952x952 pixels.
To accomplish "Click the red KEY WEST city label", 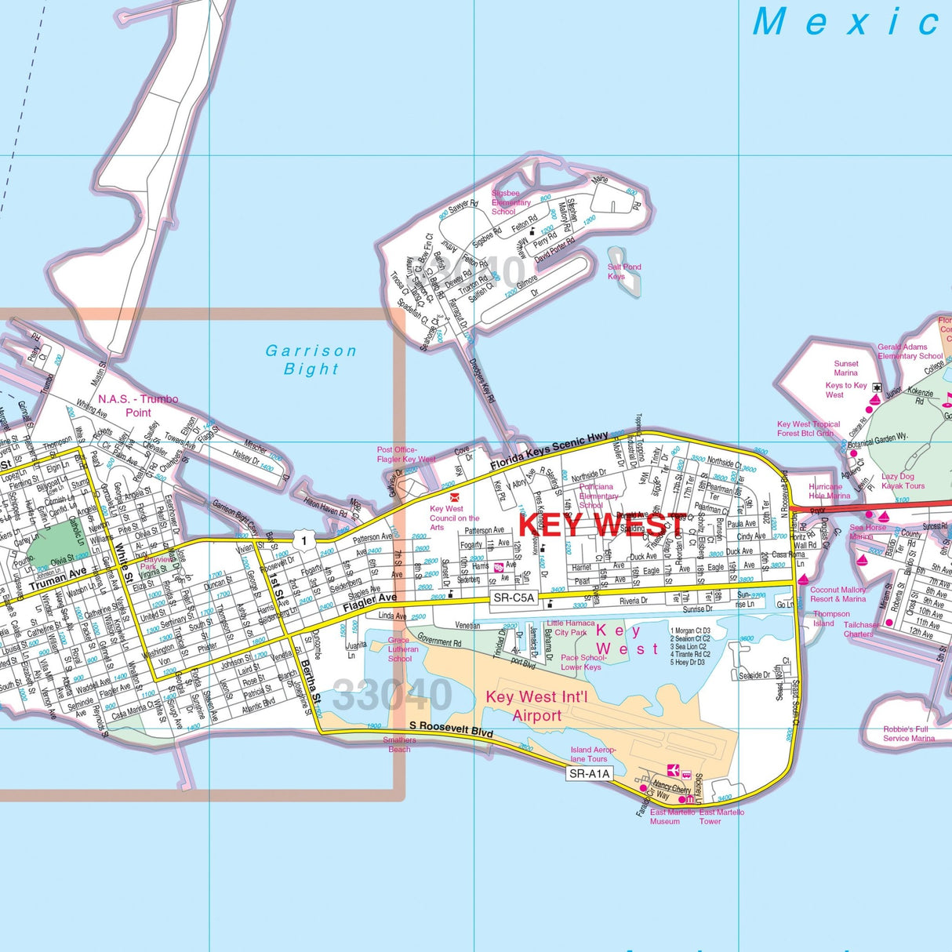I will (x=602, y=525).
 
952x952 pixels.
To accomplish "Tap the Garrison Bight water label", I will (x=311, y=360).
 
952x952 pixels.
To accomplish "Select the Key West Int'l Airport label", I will (x=536, y=706).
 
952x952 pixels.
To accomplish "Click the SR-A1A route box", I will (x=589, y=773).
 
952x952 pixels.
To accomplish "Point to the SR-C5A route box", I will (x=514, y=598).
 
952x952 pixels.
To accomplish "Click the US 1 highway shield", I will (x=303, y=540).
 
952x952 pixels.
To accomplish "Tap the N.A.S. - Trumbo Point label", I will (x=138, y=405).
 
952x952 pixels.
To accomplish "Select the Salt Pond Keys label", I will (x=624, y=271).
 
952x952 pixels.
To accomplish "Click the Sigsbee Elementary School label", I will (x=511, y=202).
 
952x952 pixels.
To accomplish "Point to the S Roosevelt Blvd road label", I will (x=451, y=729).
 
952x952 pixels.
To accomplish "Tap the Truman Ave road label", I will (x=59, y=580).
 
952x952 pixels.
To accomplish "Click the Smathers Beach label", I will (x=399, y=744).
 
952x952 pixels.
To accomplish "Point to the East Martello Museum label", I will (x=672, y=816).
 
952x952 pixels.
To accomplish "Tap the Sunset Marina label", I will (x=846, y=368).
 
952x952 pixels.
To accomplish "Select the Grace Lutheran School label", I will (x=403, y=649).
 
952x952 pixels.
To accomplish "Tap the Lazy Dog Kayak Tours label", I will (x=903, y=481).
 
